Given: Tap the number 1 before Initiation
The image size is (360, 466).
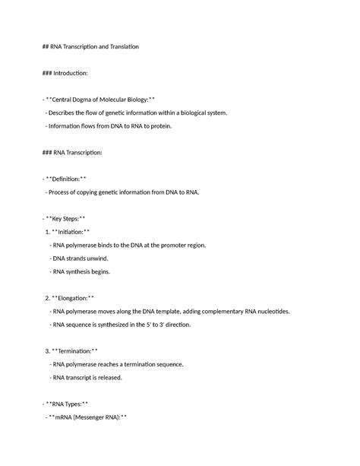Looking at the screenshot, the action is point(49,232).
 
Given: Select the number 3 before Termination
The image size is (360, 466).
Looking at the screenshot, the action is point(49,351).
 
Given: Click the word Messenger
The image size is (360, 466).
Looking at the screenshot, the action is point(90,417).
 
